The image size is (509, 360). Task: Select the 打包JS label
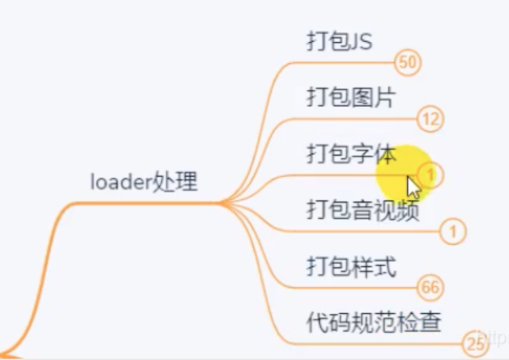[x=339, y=42]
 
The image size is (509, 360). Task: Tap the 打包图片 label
[x=351, y=98]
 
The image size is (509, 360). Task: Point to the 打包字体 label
[x=351, y=154]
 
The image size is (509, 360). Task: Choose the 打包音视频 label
[x=363, y=211]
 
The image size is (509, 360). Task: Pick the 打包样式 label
[x=351, y=267]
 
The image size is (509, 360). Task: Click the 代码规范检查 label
[x=373, y=322]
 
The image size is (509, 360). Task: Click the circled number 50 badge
[x=407, y=63]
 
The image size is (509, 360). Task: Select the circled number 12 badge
[x=431, y=119]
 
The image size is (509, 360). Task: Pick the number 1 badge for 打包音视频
[x=453, y=231]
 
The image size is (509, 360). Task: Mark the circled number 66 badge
[x=431, y=288]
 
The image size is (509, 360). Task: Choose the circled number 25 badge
[x=474, y=344]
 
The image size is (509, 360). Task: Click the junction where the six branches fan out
[x=224, y=204]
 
